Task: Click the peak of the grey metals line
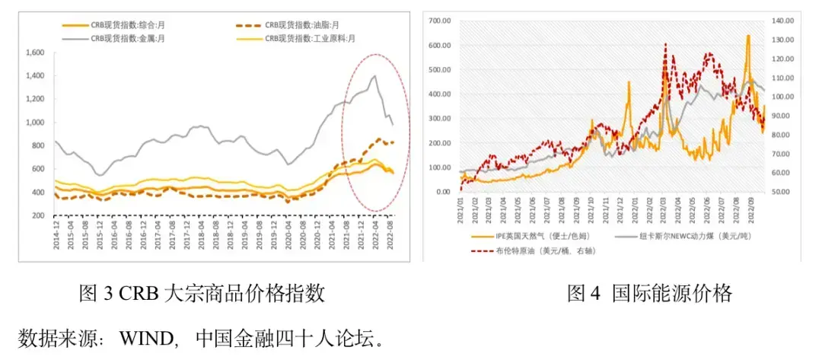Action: click(374, 76)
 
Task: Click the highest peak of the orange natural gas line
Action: click(748, 36)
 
